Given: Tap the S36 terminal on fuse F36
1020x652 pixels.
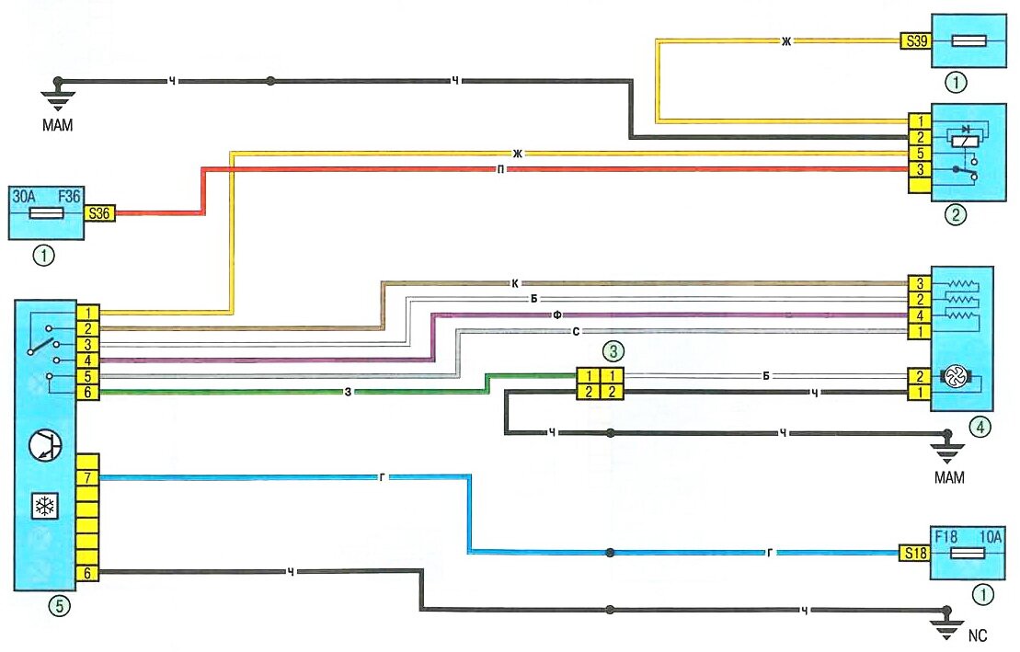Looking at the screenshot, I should [97, 213].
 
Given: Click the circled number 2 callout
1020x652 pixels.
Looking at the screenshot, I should [957, 217].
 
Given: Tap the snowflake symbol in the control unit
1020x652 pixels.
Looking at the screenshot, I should [42, 505].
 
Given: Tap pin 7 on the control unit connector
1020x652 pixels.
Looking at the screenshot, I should [87, 477].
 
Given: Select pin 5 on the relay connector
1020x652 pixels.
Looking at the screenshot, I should [918, 153].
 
